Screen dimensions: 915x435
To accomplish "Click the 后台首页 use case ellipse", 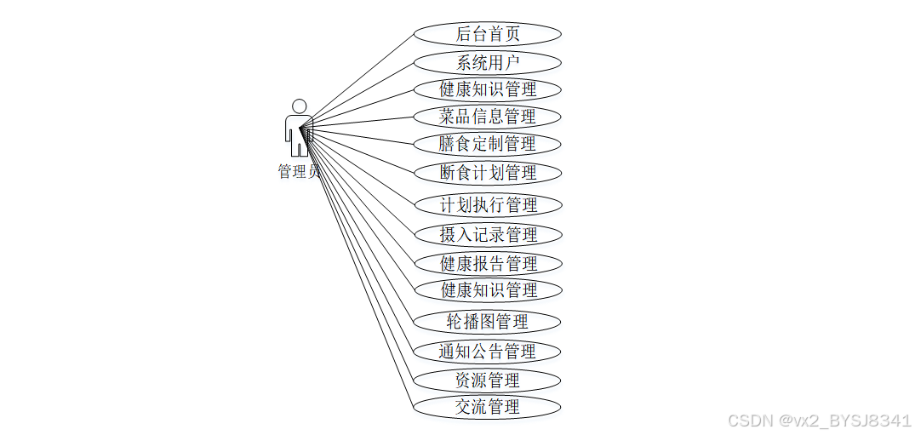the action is pos(488,34).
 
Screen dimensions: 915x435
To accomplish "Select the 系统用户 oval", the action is pos(488,62).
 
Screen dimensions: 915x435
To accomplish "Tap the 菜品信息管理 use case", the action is pos(488,117).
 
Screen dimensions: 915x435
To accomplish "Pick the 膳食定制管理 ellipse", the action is pos(488,144).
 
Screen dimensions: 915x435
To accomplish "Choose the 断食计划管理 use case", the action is pos(488,173).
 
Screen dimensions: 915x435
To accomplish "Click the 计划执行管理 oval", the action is pos(488,205).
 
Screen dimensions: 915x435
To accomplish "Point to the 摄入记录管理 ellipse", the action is pos(488,234).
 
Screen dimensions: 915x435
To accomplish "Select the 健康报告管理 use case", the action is pos(488,263).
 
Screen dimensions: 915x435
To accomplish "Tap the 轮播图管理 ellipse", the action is pos(488,322).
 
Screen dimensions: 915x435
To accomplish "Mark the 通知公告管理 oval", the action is pos(488,351).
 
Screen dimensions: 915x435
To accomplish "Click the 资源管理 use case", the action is pos(488,380).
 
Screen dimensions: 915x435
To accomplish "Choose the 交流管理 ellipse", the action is pos(488,407).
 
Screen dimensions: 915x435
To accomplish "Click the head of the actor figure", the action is pos(299,106).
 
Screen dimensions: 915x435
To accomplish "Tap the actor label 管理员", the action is pos(298,171).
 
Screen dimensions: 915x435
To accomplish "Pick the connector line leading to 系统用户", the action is pos(362,90).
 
